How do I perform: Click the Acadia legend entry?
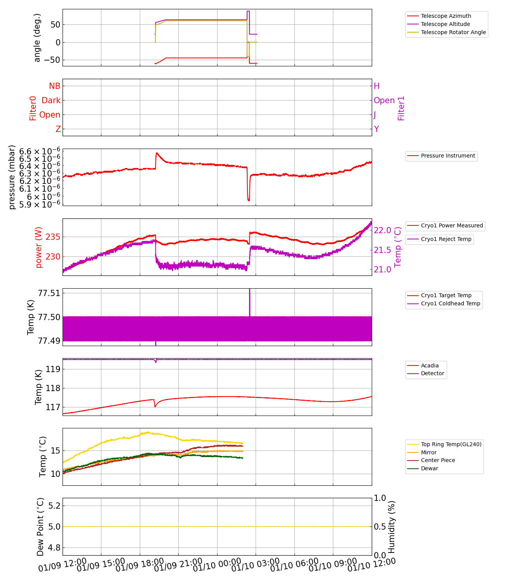[x=430, y=365]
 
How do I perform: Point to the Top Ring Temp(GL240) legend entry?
[x=451, y=444]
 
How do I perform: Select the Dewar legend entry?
[x=429, y=468]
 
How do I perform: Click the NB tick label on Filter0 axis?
[x=54, y=86]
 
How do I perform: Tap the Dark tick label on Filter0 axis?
[x=51, y=100]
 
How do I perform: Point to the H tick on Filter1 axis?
[x=376, y=86]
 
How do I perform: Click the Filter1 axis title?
[x=401, y=108]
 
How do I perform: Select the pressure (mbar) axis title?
[x=12, y=177]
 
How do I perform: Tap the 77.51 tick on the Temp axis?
[x=49, y=293]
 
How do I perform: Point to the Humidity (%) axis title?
[x=392, y=527]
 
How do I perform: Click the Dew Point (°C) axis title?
[x=40, y=527]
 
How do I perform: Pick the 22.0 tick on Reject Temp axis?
[x=382, y=230]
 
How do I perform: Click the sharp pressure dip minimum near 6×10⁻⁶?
[x=249, y=200]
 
